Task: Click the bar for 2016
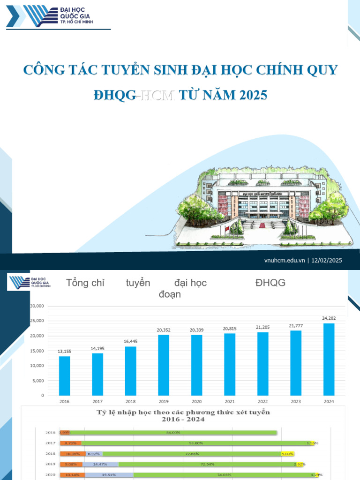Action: pos(64,375)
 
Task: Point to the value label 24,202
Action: pos(329,318)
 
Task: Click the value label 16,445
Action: pos(131,341)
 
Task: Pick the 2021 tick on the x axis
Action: pos(230,401)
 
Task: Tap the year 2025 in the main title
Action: pos(253,95)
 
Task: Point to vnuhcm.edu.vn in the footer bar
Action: pos(285,261)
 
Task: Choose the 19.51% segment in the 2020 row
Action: pos(103,474)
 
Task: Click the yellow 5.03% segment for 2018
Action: pos(287,453)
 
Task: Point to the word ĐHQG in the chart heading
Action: pos(270,283)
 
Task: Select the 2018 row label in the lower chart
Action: pos(51,453)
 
